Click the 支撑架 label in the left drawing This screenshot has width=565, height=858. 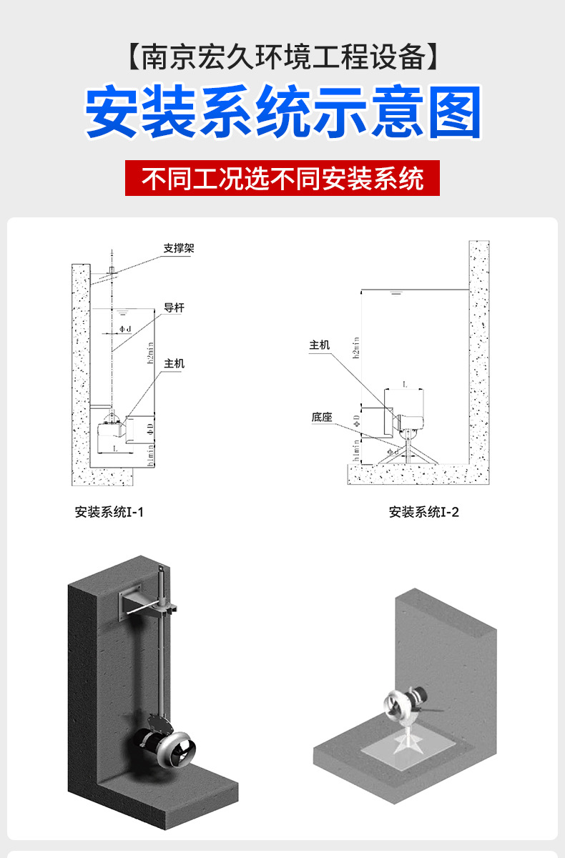coord(179,249)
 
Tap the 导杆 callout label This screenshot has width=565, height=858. coord(175,308)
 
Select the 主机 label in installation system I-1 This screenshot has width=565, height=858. coord(175,364)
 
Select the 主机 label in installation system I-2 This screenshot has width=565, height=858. coord(320,345)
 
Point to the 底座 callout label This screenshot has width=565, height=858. coord(322,417)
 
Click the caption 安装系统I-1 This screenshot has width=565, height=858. coord(109,512)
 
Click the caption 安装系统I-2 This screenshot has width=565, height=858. coord(424,512)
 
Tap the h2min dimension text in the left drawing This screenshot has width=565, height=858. coord(151,354)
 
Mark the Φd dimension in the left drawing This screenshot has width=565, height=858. coord(124,329)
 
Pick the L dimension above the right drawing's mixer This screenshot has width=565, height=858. coord(406,385)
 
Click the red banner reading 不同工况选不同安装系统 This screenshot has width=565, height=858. coord(282,179)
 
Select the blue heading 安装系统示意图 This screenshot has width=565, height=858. coord(282,112)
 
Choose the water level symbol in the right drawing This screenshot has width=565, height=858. coord(395,293)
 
